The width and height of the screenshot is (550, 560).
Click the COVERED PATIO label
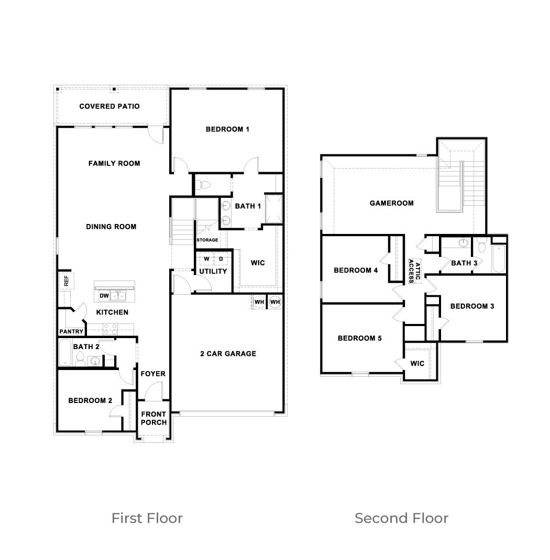click(109, 106)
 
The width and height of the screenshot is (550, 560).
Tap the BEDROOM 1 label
click(227, 129)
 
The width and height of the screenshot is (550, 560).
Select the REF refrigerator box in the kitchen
click(65, 281)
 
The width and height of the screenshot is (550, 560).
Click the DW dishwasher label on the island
click(104, 296)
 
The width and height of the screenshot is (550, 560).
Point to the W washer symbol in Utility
click(206, 259)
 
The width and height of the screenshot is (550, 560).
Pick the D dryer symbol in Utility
click(221, 259)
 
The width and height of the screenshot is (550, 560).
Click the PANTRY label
click(71, 331)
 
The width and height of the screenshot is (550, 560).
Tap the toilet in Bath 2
click(80, 359)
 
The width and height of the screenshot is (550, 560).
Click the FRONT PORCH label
click(153, 418)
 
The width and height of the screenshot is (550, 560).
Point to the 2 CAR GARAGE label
click(228, 353)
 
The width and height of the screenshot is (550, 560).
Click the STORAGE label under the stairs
click(207, 240)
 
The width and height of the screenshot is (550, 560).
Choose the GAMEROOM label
click(391, 203)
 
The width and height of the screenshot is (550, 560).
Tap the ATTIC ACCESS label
click(415, 271)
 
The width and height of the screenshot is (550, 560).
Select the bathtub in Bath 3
click(499, 259)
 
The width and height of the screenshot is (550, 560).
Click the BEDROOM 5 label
click(359, 338)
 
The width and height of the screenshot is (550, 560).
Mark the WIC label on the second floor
click(417, 363)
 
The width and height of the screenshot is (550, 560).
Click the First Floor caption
click(147, 518)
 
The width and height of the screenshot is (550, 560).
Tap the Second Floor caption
click(401, 518)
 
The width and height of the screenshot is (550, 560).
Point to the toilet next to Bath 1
click(204, 184)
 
